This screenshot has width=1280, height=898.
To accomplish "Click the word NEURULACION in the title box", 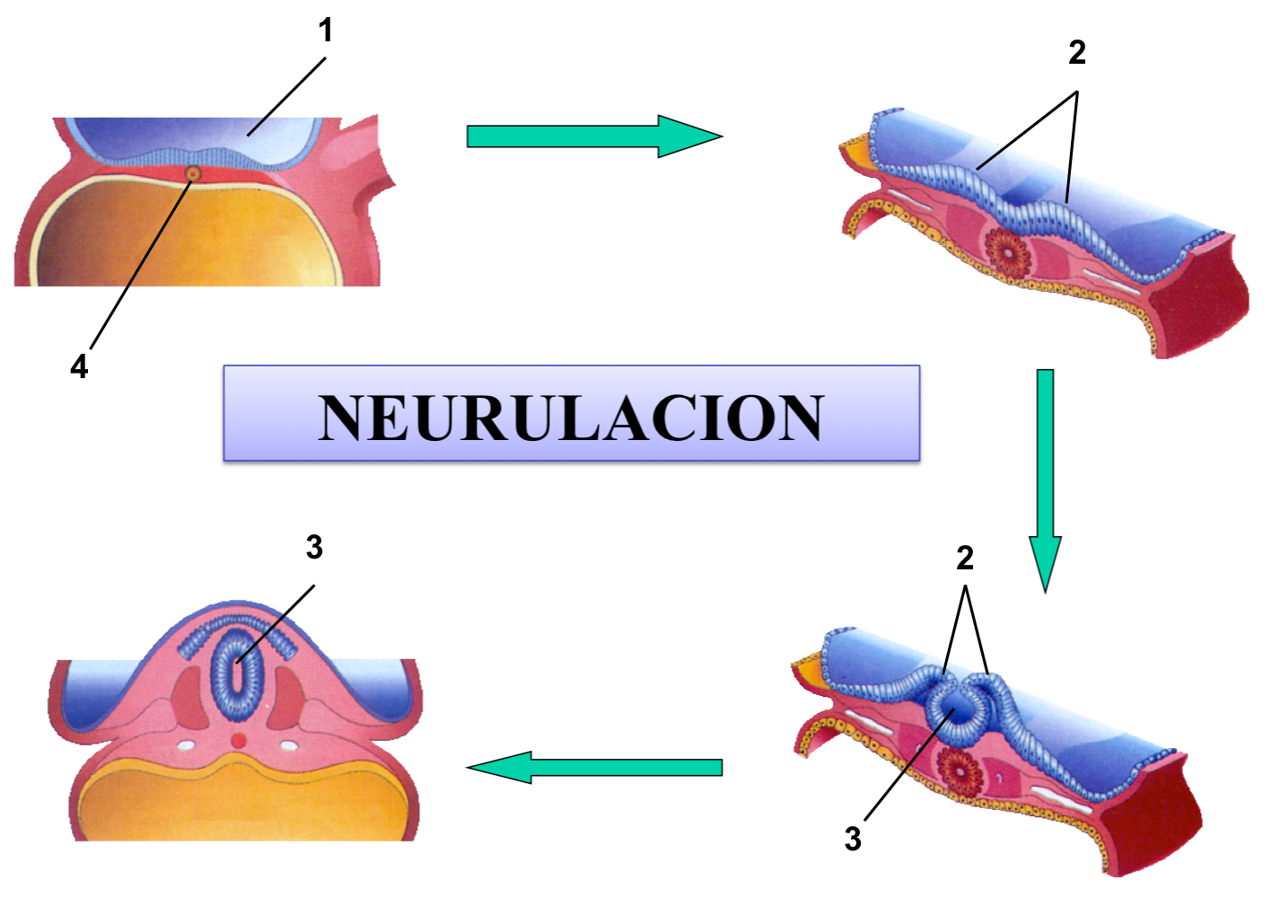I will pyautogui.click(x=571, y=418).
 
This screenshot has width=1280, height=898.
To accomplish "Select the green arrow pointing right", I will pyautogui.click(x=592, y=136).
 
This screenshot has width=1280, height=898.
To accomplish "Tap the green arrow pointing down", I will pyautogui.click(x=1045, y=476).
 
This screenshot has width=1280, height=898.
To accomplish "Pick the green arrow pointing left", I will pyautogui.click(x=597, y=768).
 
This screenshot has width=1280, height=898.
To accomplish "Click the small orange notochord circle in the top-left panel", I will pyautogui.click(x=192, y=173).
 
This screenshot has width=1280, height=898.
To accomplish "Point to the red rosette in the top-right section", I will pyautogui.click(x=1009, y=251).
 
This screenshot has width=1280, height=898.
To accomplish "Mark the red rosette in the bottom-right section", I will pyautogui.click(x=960, y=771).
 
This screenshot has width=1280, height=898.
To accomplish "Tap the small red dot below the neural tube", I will pyautogui.click(x=238, y=740).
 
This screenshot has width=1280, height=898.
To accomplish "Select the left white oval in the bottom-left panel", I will pyautogui.click(x=187, y=745).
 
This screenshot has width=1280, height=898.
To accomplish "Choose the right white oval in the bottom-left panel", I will pyautogui.click(x=289, y=745).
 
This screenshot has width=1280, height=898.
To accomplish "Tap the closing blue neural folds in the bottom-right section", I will pyautogui.click(x=960, y=705).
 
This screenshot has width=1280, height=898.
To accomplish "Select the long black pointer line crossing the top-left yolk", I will pyautogui.click(x=158, y=233).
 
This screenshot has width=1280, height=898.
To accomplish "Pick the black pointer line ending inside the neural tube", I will pyautogui.click(x=261, y=638).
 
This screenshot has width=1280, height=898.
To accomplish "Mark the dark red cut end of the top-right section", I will pyautogui.click(x=1207, y=305).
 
